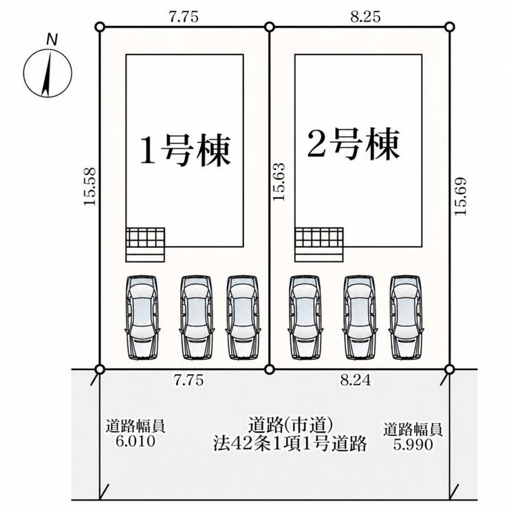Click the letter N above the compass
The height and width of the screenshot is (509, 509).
[x=52, y=40]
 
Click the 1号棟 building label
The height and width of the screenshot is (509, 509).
[x=185, y=151]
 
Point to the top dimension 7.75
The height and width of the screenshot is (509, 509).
[x=184, y=17]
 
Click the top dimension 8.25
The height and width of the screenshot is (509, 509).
[x=365, y=17]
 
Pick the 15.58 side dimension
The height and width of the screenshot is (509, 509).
[x=89, y=186]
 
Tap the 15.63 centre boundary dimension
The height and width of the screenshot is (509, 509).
[x=279, y=182]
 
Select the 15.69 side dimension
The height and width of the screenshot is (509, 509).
[x=460, y=196]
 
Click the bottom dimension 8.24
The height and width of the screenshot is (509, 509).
[x=356, y=380]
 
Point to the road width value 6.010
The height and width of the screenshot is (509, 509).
[x=136, y=441]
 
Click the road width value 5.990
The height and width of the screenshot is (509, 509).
[x=413, y=444]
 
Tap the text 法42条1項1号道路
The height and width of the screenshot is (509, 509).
[x=290, y=444]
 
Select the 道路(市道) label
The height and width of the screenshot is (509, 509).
[x=290, y=426]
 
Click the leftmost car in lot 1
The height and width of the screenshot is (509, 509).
[x=142, y=318]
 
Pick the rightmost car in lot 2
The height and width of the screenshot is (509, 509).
[x=407, y=318]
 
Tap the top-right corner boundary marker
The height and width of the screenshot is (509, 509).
[x=449, y=27]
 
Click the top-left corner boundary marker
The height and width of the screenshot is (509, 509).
[x=100, y=27]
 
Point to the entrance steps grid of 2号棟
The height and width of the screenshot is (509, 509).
[x=319, y=244]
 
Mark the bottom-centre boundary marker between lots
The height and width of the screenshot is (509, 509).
[x=270, y=369]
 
